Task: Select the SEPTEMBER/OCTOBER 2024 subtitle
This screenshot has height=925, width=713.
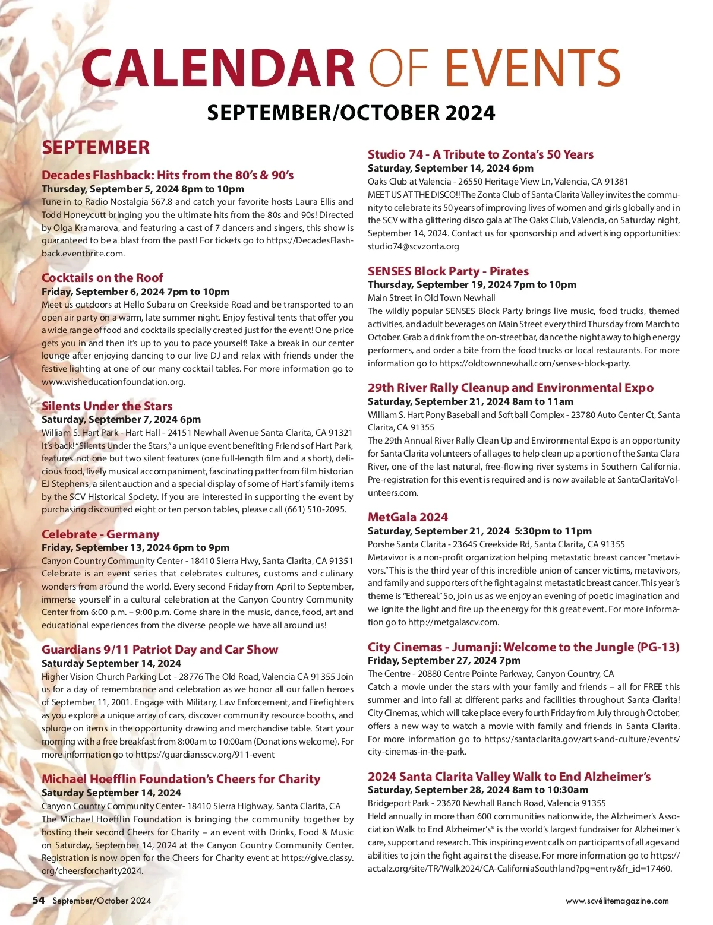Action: [x=351, y=112]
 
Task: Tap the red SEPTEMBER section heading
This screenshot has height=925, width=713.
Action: [x=96, y=147]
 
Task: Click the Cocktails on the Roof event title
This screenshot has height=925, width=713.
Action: [x=102, y=277]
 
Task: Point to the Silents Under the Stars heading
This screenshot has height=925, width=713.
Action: [x=107, y=406]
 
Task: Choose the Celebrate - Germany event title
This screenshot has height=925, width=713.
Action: [x=100, y=534]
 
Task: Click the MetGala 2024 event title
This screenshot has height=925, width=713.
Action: [x=408, y=517]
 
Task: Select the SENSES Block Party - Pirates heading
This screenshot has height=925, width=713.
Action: [x=448, y=271]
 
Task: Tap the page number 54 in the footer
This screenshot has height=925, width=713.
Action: [x=39, y=900]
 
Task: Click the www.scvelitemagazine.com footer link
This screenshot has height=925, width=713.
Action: [x=617, y=901]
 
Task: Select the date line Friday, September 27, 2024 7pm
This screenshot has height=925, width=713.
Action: [x=444, y=660]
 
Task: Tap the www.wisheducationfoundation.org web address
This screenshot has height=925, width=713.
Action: [x=112, y=382]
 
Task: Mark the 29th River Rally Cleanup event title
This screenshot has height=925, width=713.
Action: [x=510, y=388]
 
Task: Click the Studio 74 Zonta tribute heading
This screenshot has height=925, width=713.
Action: [x=480, y=154]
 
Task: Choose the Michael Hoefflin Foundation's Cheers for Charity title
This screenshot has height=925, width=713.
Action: [x=181, y=778]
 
